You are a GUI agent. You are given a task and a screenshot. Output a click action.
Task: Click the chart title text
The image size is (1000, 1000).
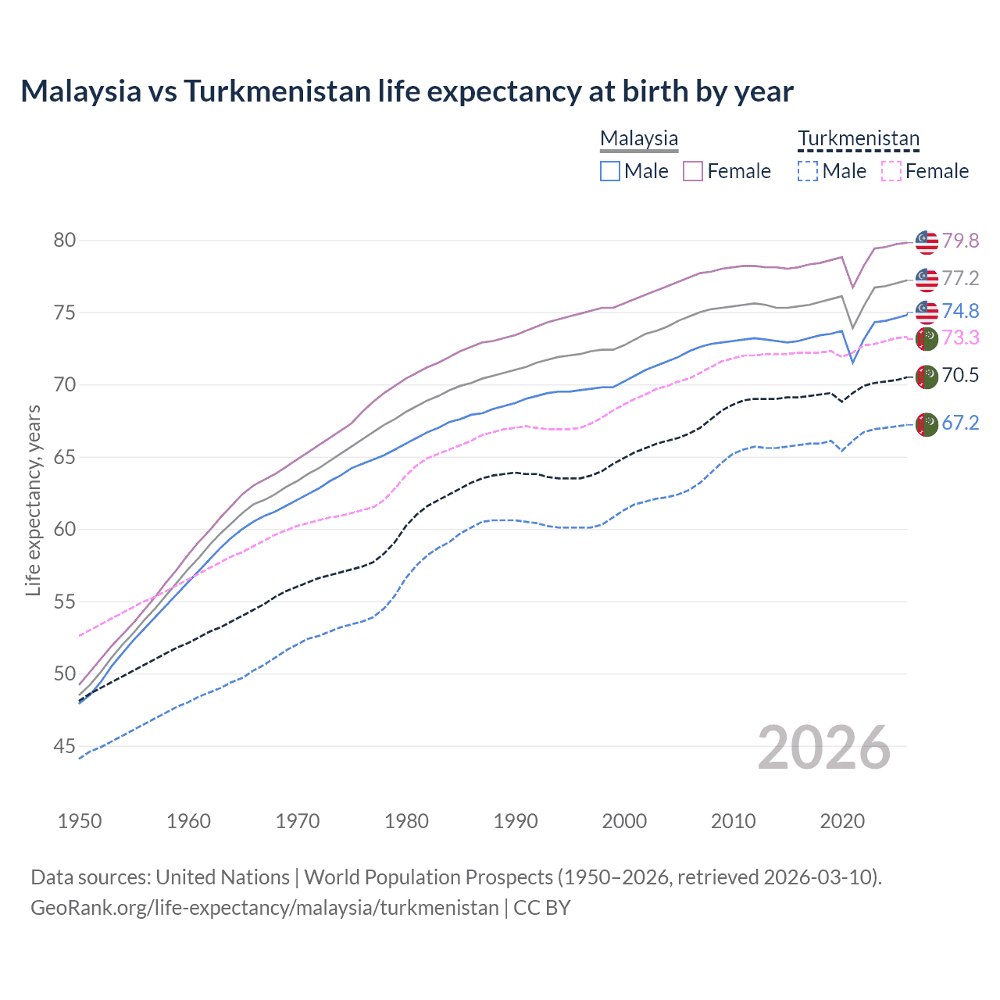click(x=406, y=91)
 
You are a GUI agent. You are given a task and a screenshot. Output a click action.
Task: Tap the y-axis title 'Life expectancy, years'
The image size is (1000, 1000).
click(x=33, y=500)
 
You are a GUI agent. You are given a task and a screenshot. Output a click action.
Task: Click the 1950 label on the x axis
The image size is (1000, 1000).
click(x=80, y=821)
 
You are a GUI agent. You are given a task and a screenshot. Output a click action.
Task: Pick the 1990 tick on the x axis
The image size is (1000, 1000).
click(x=516, y=821)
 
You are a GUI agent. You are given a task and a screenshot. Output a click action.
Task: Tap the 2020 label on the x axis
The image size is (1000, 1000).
click(x=842, y=821)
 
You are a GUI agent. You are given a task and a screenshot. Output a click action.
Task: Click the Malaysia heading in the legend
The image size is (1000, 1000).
click(x=639, y=138)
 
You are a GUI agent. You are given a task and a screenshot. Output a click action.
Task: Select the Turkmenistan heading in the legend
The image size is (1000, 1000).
click(x=859, y=138)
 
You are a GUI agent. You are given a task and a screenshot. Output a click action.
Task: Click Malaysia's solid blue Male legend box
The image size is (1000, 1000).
click(x=610, y=171)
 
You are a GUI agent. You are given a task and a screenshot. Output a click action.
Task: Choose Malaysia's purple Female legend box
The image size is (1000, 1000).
click(x=693, y=171)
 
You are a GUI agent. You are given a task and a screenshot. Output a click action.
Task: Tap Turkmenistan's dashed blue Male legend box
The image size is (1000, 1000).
click(x=808, y=171)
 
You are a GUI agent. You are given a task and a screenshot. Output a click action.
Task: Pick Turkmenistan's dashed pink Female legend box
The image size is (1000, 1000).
click(x=891, y=171)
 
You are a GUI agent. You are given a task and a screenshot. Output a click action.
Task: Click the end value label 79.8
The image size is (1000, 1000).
click(x=960, y=241)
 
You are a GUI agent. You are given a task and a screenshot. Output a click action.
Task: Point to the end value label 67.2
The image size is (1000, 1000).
click(x=960, y=423)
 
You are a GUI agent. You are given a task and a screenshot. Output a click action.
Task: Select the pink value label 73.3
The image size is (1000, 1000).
click(x=960, y=337)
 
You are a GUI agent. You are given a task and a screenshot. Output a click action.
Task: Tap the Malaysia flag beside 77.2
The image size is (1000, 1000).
click(x=927, y=279)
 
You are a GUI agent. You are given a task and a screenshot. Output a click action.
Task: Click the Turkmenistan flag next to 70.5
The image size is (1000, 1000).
click(x=927, y=377)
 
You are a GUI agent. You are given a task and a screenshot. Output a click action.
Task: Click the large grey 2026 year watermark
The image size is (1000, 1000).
click(x=824, y=748)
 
